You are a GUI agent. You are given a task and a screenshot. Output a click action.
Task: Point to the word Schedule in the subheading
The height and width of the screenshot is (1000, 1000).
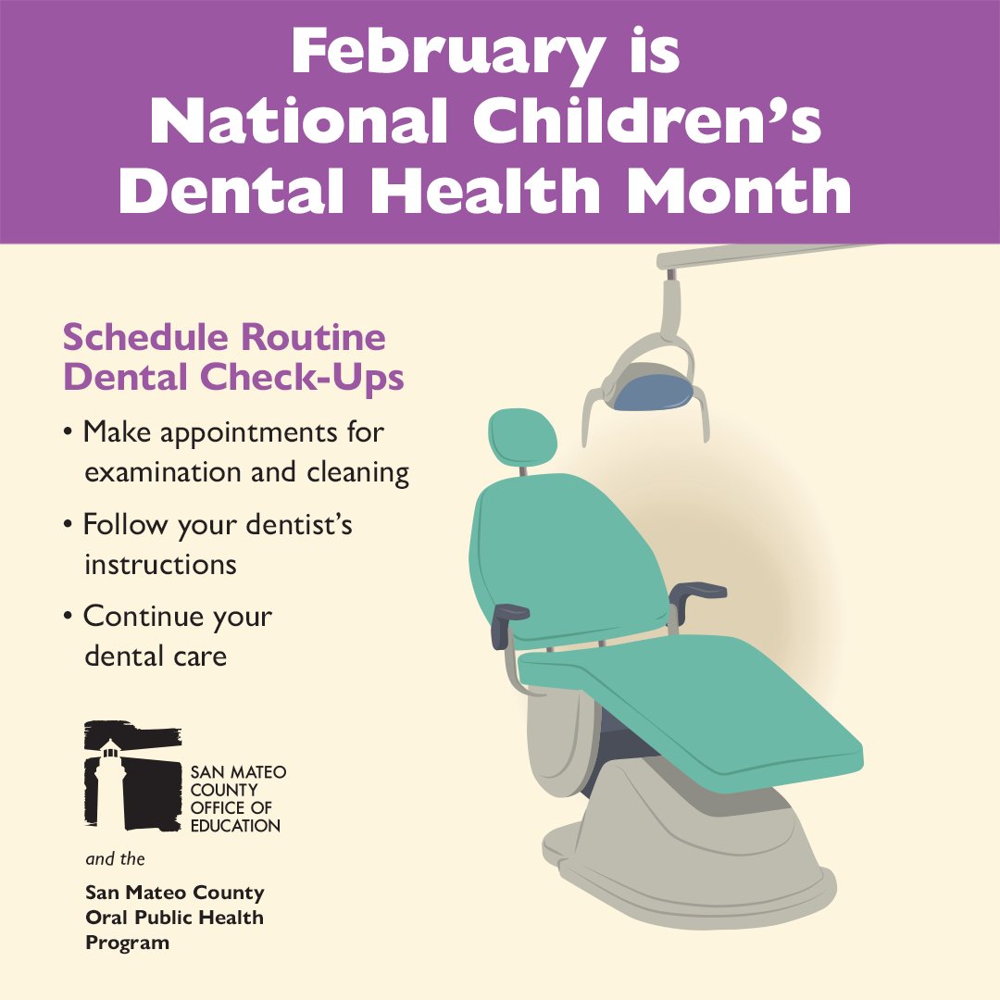pyautogui.click(x=138, y=337)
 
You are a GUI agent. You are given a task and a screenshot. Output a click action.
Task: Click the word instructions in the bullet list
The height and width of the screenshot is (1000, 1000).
pyautogui.click(x=160, y=564)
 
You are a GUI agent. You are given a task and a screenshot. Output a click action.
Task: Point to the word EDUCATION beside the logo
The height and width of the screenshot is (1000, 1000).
pyautogui.click(x=234, y=825)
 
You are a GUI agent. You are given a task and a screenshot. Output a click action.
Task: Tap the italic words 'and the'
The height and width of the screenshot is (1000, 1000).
pyautogui.click(x=115, y=859)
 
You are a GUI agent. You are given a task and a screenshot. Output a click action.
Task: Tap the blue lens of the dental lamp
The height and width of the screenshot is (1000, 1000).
pyautogui.click(x=654, y=390)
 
